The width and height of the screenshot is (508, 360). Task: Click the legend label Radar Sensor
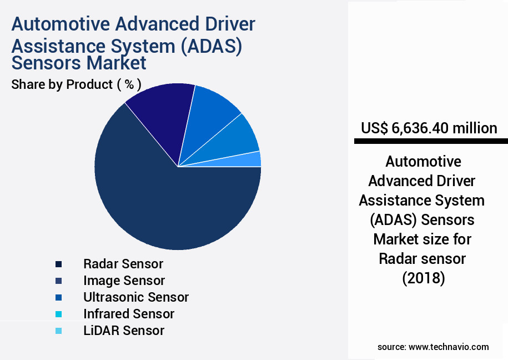(x=123, y=263)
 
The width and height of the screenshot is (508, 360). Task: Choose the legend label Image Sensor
(x=124, y=281)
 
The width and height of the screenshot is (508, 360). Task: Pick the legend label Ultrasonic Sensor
(x=136, y=297)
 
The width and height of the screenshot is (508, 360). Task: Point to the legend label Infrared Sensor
(x=129, y=314)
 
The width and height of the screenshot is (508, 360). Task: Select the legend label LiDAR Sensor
(x=124, y=331)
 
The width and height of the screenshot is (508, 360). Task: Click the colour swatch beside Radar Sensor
(x=58, y=264)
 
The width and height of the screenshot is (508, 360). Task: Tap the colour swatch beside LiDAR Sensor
(x=58, y=331)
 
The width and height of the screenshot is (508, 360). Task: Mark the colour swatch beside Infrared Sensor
(x=58, y=314)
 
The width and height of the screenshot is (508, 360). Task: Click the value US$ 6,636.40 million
(x=429, y=128)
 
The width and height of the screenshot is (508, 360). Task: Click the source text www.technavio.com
(x=449, y=347)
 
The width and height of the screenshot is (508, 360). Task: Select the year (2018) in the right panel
(x=424, y=278)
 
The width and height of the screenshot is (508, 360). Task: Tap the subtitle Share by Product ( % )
(x=76, y=84)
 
